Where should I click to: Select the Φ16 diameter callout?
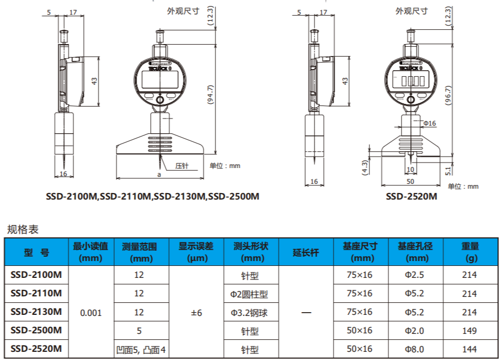coord(430,123)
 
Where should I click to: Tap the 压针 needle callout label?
coord(182,166)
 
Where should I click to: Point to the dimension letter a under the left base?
coord(159,175)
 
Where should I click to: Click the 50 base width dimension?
coord(410,181)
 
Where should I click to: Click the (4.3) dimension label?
coord(365,166)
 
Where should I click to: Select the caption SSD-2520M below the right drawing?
coord(412,196)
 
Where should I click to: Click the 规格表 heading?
coord(23,229)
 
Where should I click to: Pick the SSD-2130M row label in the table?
coord(36,312)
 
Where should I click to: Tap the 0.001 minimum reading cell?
coord(90,313)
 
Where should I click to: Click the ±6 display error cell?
coord(196,313)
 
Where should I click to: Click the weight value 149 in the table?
coord(469,331)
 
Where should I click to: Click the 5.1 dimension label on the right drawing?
coord(448,171)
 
